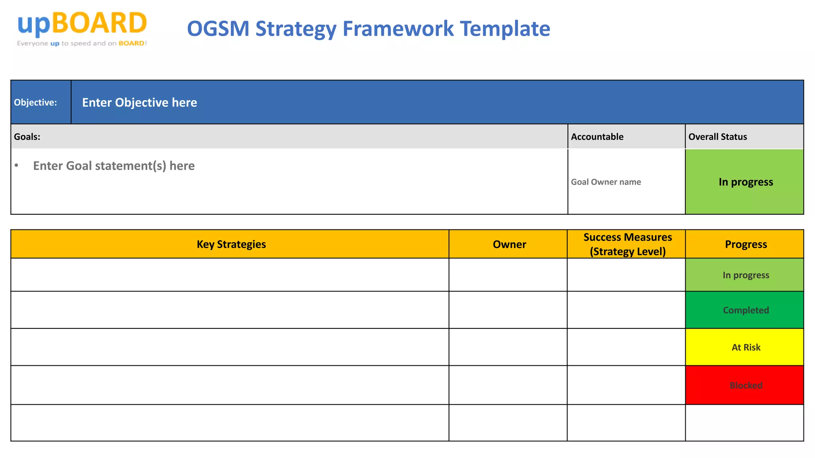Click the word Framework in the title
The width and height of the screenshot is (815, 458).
[398, 29]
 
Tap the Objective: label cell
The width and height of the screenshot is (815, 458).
[35, 103]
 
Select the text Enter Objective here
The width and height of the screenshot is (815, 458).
[139, 103]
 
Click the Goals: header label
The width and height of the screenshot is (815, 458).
[27, 137]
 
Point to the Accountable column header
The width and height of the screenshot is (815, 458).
[597, 137]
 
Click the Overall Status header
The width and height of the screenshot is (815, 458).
[718, 137]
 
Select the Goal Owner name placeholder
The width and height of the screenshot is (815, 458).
[606, 182]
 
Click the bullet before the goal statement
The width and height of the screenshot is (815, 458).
[16, 165]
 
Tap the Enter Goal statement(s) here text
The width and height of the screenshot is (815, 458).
[114, 166]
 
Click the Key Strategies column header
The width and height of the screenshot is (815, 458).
[231, 244]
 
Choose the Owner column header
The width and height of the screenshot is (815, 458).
[509, 244]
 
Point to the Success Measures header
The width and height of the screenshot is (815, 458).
[628, 244]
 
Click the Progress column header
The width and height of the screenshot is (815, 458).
[746, 244]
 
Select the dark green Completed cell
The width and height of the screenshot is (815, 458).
[745, 310]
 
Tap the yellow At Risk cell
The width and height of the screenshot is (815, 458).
[745, 347]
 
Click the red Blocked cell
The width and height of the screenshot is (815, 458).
[745, 385]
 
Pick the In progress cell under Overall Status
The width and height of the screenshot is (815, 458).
[745, 182]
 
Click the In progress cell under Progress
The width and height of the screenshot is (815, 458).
[745, 275]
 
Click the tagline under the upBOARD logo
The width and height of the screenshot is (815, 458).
[82, 43]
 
